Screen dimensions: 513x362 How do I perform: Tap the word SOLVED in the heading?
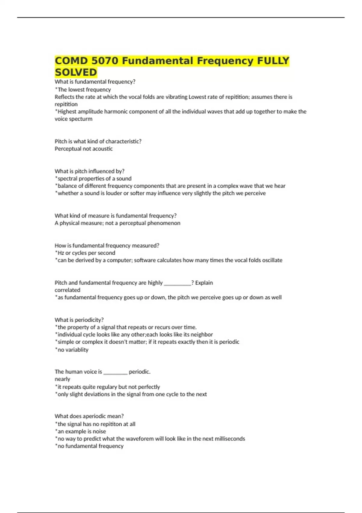(x=76, y=72)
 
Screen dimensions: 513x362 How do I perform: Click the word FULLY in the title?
(x=273, y=61)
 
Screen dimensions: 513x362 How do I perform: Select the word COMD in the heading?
(x=71, y=61)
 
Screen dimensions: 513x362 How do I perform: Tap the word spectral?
(x=67, y=179)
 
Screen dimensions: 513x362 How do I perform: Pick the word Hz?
(x=61, y=253)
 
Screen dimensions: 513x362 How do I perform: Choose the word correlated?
(x=67, y=290)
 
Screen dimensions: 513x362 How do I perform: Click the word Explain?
(x=204, y=283)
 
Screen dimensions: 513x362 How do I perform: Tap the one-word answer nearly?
(x=62, y=379)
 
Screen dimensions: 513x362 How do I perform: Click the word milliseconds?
(x=230, y=439)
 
